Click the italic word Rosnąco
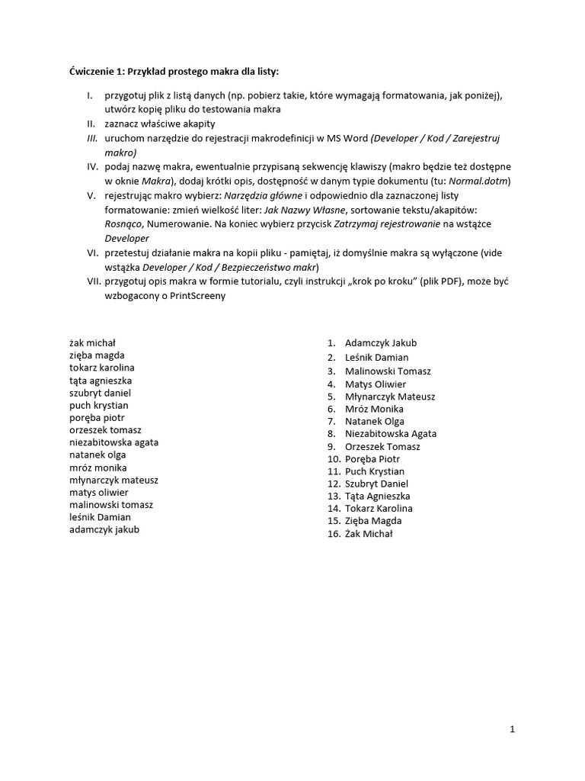coord(123,224)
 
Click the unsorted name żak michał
coord(92,343)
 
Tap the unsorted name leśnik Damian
coord(100,516)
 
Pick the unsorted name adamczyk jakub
coord(104,529)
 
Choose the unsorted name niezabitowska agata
coord(114,442)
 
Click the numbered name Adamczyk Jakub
coord(381,343)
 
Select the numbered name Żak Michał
coord(369,534)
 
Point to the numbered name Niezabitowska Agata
coord(391,433)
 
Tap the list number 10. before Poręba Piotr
coord(334,459)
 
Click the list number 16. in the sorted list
coord(334,534)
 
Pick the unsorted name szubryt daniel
coord(101,393)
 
